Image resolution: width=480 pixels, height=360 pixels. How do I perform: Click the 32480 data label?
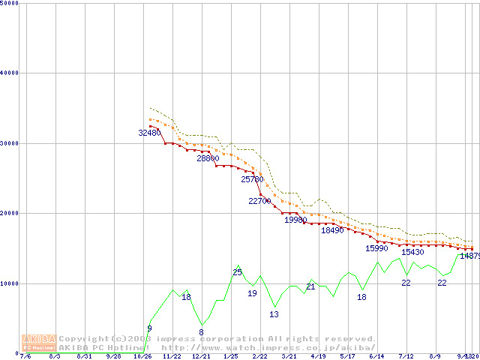coord(150,133)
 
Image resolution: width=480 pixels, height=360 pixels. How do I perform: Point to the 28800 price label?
coord(208,158)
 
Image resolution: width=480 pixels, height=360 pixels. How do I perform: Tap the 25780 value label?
coord(253,179)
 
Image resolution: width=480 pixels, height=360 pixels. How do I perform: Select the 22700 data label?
coord(259,201)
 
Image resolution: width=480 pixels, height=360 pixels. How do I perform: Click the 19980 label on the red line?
coord(295,220)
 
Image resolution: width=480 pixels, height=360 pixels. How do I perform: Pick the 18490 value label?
coord(332,230)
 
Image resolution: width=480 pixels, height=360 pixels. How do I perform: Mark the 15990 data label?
coord(376,248)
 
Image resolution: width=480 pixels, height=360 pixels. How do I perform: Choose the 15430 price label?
coord(412,252)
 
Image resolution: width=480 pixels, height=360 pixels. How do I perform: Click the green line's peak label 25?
coord(237,272)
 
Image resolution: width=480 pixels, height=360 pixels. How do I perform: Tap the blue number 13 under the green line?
coord(274,314)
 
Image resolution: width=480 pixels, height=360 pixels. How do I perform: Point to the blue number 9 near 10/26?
coord(149,328)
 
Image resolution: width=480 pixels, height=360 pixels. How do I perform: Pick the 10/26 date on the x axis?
coord(142,357)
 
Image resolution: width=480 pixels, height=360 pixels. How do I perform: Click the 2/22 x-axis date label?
coord(259,357)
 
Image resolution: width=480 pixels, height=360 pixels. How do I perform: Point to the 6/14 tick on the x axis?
coord(376,357)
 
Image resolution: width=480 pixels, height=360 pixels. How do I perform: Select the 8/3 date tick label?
coord(55,357)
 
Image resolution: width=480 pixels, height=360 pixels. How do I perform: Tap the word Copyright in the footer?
coord(84,339)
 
